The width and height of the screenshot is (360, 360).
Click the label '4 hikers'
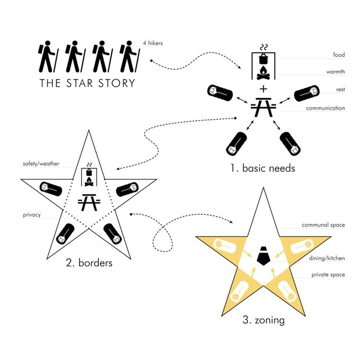(x=153, y=43)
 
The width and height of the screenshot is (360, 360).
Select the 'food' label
(x=339, y=55)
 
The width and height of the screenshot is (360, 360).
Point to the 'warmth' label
(x=336, y=71)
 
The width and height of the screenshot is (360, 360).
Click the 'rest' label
(x=340, y=89)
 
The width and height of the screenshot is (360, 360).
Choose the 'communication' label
(x=325, y=108)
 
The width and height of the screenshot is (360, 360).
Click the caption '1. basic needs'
(x=262, y=168)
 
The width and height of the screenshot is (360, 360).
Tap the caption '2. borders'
(x=89, y=262)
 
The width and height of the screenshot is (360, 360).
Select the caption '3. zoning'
(x=264, y=320)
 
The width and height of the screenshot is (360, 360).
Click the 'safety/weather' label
(x=41, y=164)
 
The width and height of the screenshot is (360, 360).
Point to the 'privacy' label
(x=32, y=215)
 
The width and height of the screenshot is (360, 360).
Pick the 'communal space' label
(x=323, y=225)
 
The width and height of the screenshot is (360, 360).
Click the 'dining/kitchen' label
(x=327, y=258)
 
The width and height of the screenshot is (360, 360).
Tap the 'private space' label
(x=328, y=275)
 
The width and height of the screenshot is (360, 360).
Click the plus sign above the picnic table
(x=264, y=89)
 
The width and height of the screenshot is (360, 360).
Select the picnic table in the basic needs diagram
(x=264, y=107)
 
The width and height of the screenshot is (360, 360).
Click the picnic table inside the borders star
(x=89, y=202)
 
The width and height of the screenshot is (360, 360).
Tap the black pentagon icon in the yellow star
(x=264, y=255)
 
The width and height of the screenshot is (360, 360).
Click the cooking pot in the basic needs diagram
(x=264, y=59)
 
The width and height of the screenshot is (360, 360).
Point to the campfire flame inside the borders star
(x=89, y=179)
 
